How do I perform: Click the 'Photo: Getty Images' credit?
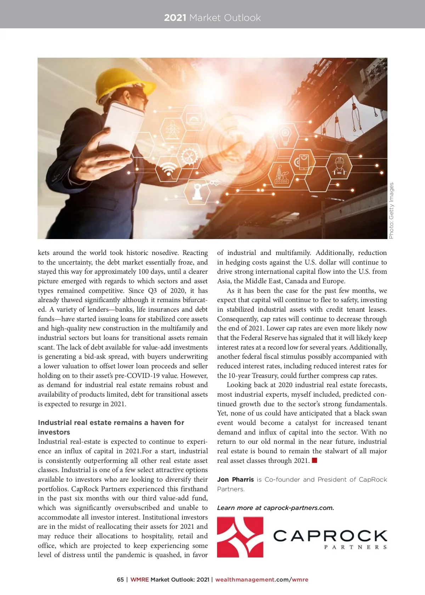pyautogui.click(x=391, y=210)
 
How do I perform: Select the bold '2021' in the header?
pyautogui.click(x=175, y=18)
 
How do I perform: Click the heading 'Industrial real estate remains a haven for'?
pyautogui.click(x=111, y=423)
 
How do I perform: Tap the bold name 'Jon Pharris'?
pyautogui.click(x=235, y=480)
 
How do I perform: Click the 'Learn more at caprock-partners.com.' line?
pyautogui.click(x=275, y=508)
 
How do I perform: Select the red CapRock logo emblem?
pyautogui.click(x=240, y=537)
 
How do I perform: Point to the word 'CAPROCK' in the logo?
pyautogui.click(x=330, y=535)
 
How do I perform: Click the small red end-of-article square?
pyautogui.click(x=314, y=460)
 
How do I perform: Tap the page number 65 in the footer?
pyautogui.click(x=120, y=580)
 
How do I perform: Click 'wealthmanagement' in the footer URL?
pyautogui.click(x=245, y=580)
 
